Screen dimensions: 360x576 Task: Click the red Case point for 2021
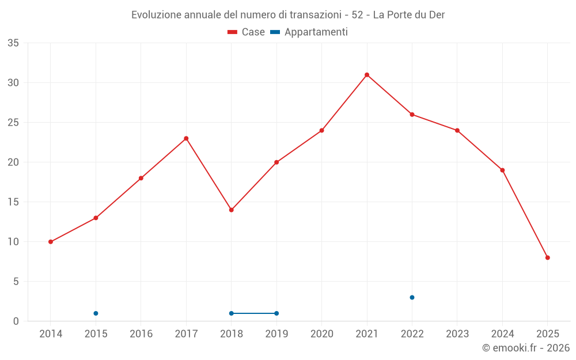point(367,75)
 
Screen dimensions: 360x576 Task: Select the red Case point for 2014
point(51,242)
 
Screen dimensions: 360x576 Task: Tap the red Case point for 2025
point(547,257)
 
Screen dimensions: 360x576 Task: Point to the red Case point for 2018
point(231,210)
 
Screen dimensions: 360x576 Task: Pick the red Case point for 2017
point(186,138)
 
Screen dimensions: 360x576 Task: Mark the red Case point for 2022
point(412,115)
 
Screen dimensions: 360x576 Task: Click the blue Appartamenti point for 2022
point(412,297)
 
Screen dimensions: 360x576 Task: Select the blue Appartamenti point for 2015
point(96,313)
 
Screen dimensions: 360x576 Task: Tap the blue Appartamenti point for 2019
point(276,313)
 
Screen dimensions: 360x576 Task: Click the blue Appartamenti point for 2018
point(231,313)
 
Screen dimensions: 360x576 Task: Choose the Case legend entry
point(246,32)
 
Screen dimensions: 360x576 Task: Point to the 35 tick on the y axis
point(13,43)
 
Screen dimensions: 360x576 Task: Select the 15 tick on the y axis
point(13,202)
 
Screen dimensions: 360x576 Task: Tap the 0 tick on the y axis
point(16,321)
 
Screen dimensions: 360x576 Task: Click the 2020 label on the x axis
point(321,334)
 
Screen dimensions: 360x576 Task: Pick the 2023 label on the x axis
point(457,334)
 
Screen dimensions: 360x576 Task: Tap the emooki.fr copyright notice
point(525,348)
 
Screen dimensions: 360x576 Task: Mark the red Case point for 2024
point(502,170)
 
